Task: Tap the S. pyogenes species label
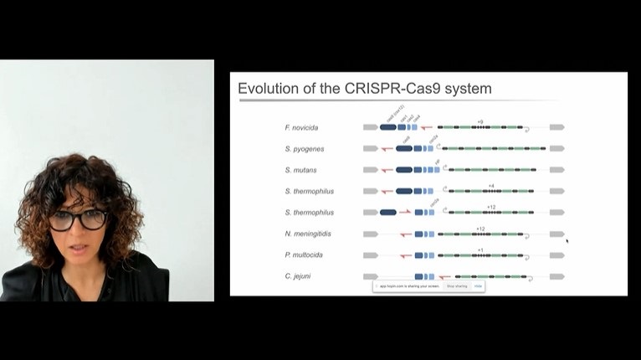[x=304, y=149]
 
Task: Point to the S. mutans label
[x=300, y=170]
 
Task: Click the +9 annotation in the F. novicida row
[x=479, y=121]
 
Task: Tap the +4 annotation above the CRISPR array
[x=490, y=185]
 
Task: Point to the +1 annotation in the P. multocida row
[x=479, y=249]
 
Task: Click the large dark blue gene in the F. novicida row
[x=387, y=127]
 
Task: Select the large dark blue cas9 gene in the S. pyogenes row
[x=403, y=148]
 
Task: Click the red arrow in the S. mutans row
[x=386, y=170]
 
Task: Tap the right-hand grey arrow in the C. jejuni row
[x=556, y=276]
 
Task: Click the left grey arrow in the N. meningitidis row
[x=370, y=234]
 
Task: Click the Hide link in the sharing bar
[x=478, y=286]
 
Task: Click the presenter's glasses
[x=78, y=220]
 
